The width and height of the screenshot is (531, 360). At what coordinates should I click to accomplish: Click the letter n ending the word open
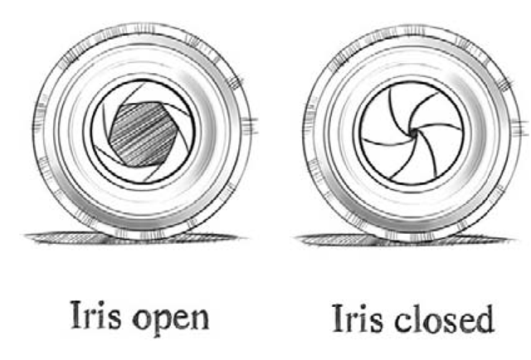[x=200, y=319]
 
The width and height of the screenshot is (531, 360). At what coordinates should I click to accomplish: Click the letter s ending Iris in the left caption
[x=111, y=319]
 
